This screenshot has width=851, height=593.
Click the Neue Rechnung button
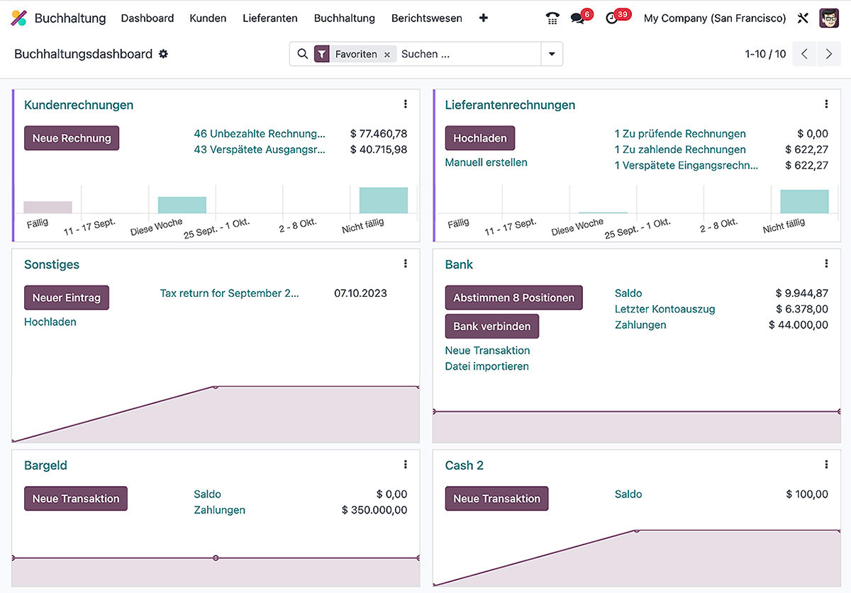coord(72,138)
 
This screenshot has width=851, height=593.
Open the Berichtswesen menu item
coord(426,18)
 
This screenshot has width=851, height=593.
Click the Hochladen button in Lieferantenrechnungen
coord(479,138)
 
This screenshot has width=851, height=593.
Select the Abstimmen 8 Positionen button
coord(513,298)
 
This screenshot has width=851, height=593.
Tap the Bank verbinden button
coord(491,327)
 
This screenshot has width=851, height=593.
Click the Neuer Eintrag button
coord(67,298)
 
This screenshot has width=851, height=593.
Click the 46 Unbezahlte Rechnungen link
coord(260,134)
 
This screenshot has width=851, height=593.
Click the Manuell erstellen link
coord(486,162)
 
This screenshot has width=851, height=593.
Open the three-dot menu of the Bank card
coord(826,264)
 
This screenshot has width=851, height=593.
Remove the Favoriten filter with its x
coord(387,55)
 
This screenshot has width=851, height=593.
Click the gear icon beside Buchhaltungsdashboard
coord(164,54)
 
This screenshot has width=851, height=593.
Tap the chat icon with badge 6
coord(577,18)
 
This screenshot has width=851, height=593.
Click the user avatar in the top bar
coord(828,18)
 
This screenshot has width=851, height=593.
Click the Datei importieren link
coord(486,366)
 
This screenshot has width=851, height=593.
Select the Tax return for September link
coord(229,293)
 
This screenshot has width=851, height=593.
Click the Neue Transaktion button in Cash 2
coord(496,499)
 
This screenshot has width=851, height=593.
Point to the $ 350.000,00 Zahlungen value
coord(374,510)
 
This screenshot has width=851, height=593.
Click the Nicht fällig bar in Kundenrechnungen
coord(383,201)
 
